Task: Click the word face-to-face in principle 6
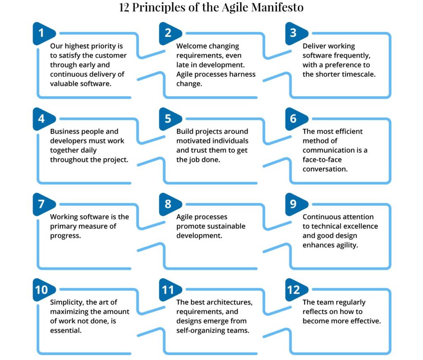coord(322,160)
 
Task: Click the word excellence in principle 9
coord(359,226)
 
